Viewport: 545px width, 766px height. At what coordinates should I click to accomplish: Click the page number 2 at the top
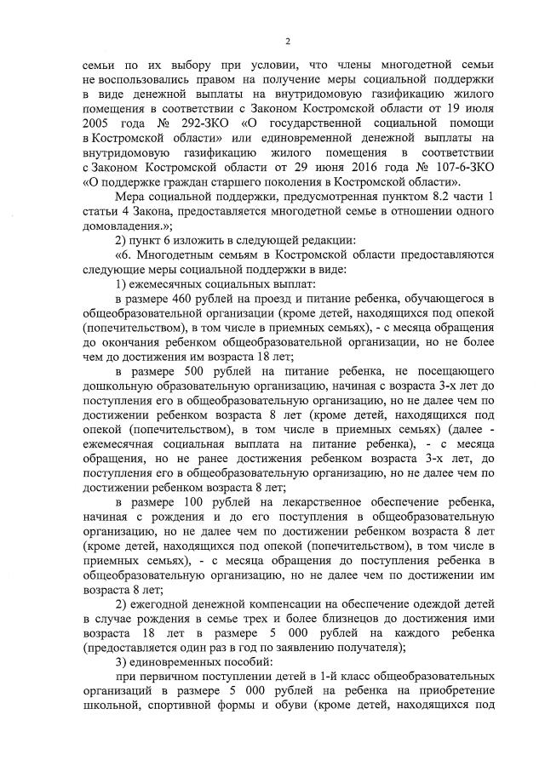289,41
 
